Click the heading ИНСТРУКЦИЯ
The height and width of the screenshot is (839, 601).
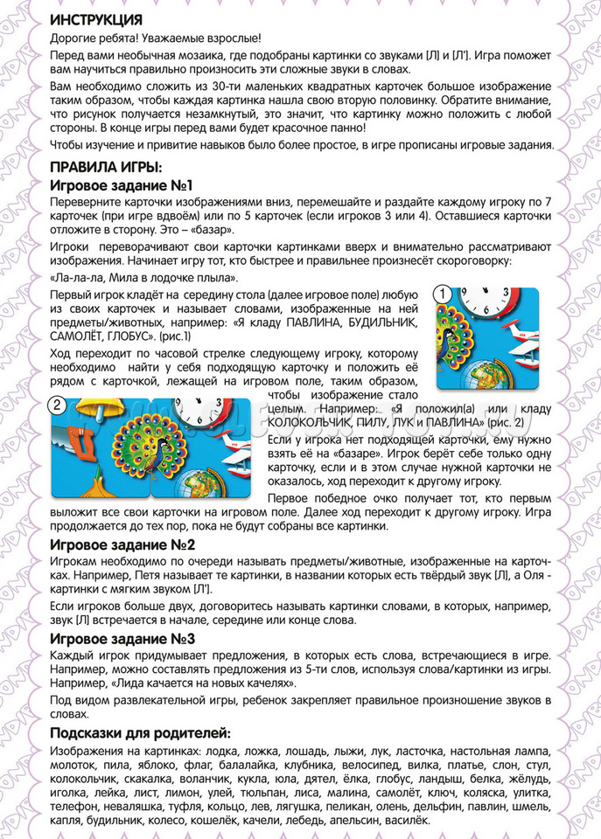coord(96,19)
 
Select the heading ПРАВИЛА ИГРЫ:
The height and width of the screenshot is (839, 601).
coord(106,168)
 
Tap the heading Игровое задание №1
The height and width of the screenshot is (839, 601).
coord(120,185)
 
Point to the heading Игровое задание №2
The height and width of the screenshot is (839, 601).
coord(121,546)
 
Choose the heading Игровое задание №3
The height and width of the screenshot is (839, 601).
coord(121,638)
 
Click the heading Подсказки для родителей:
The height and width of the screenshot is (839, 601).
coord(140,732)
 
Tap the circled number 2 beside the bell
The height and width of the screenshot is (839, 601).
coord(57,404)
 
